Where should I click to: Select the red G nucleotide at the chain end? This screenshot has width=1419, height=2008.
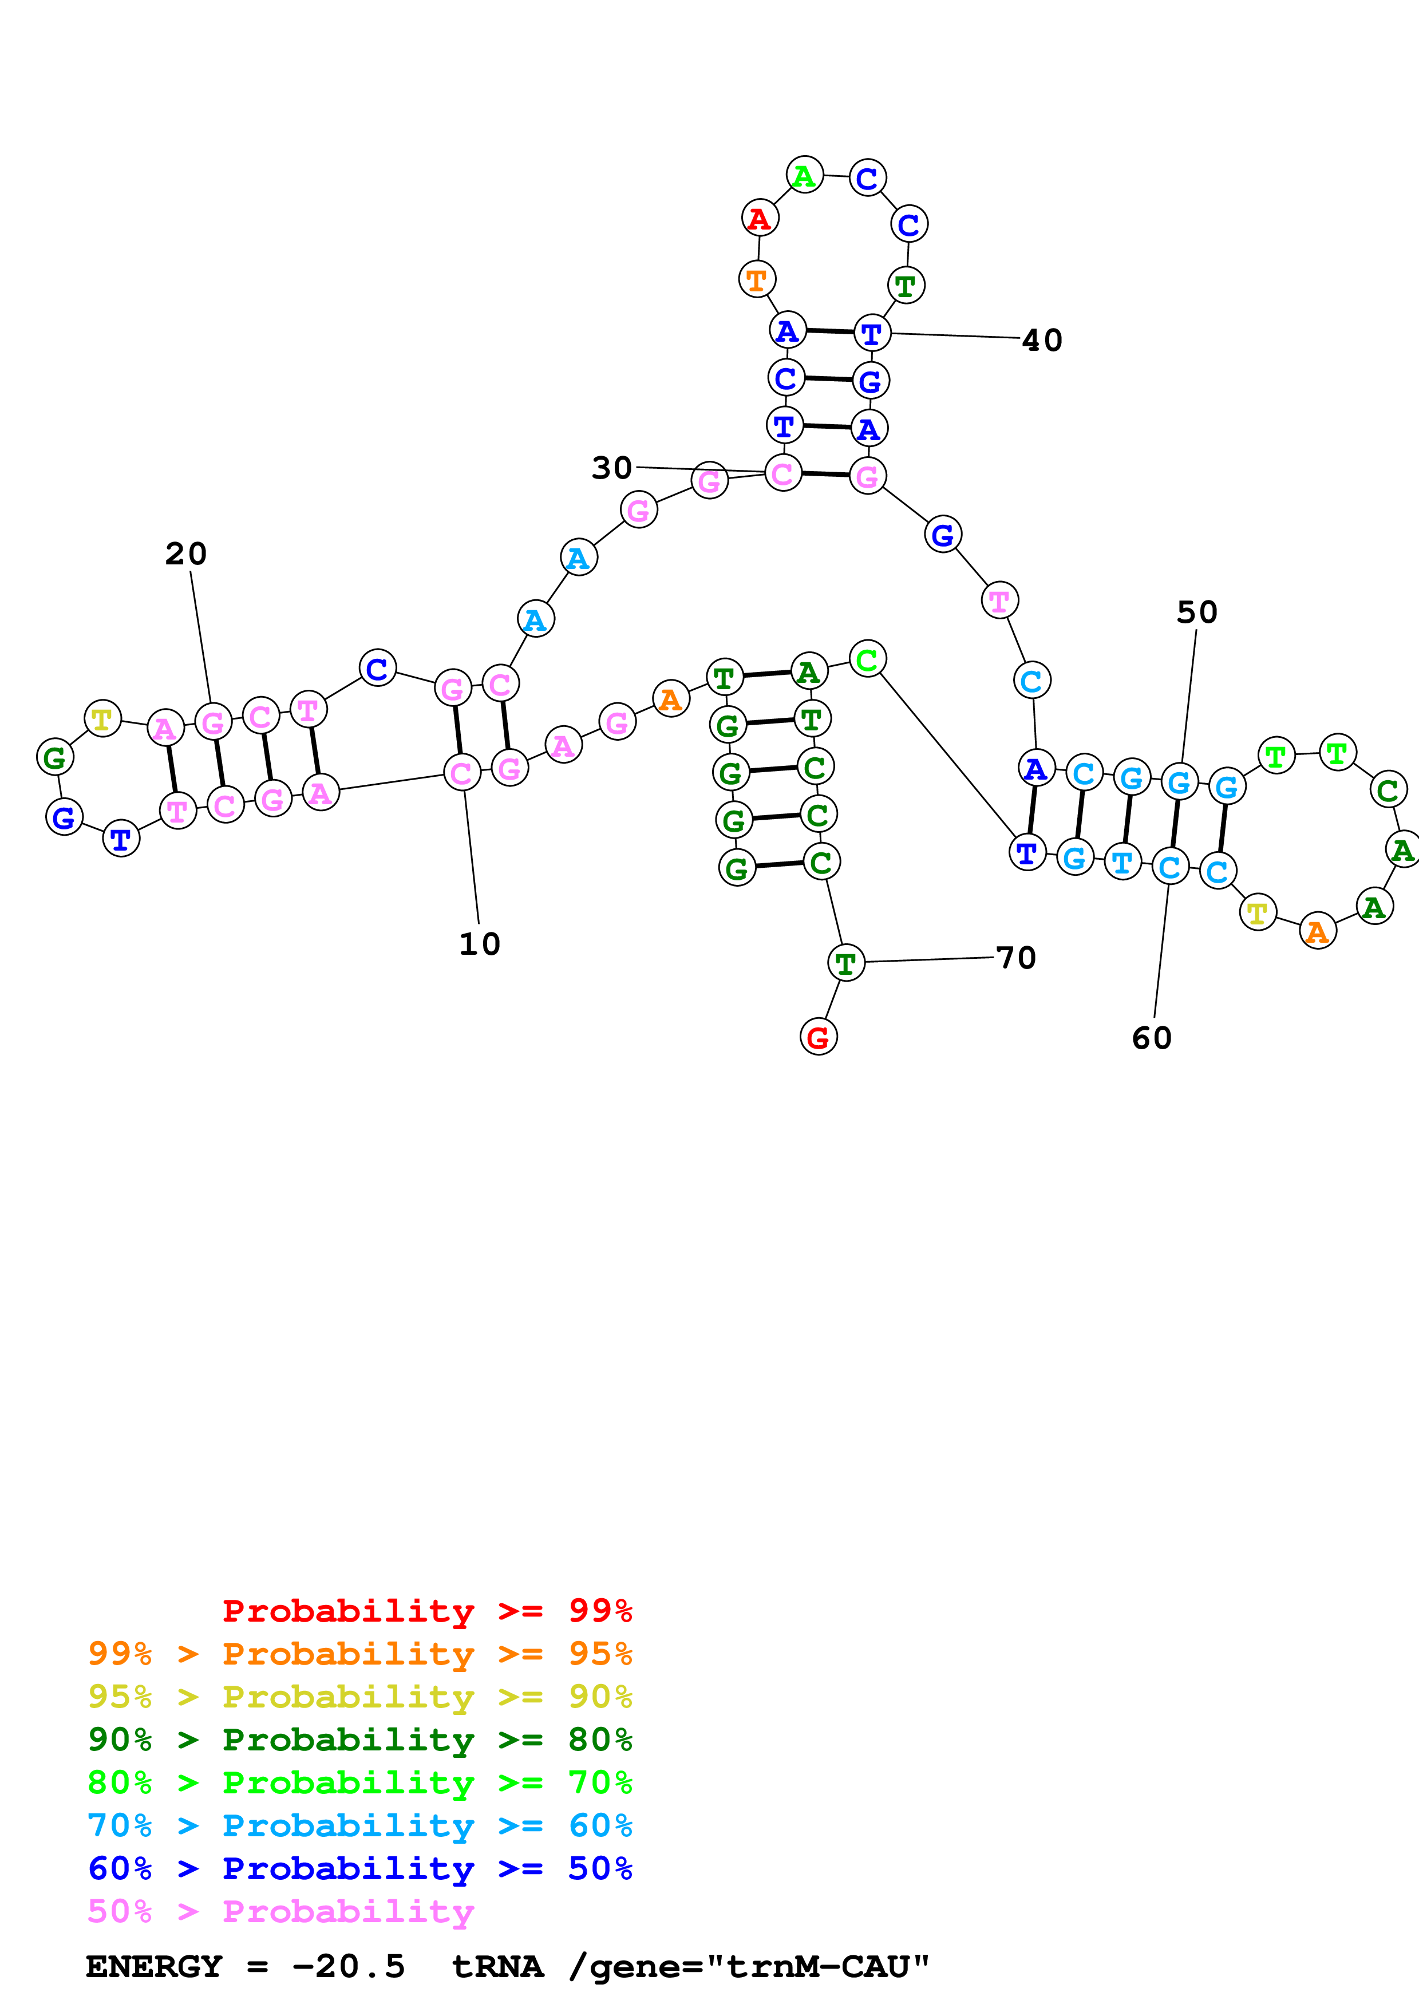pos(819,1037)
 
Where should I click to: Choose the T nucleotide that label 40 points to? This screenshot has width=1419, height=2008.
pos(872,333)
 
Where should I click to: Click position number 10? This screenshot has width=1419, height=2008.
pos(479,944)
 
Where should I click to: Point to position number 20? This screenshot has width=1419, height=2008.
pos(185,554)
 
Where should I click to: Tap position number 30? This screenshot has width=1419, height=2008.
pos(611,468)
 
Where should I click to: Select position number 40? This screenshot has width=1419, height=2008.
pos(1042,340)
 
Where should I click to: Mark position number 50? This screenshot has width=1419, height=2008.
pos(1197,612)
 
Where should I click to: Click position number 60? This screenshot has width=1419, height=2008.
pos(1152,1038)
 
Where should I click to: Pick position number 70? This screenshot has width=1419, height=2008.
pos(1016,958)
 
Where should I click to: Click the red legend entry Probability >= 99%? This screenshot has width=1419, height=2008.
pos(426,1610)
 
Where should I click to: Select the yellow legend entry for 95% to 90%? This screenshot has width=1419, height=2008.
pos(359,1696)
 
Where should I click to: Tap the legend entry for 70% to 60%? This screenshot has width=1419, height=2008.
pos(359,1825)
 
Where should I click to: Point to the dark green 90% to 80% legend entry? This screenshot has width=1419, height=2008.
pos(359,1740)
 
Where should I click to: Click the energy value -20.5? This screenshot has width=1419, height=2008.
pos(349,1967)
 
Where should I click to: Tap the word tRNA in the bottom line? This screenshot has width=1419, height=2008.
pos(497,1967)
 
